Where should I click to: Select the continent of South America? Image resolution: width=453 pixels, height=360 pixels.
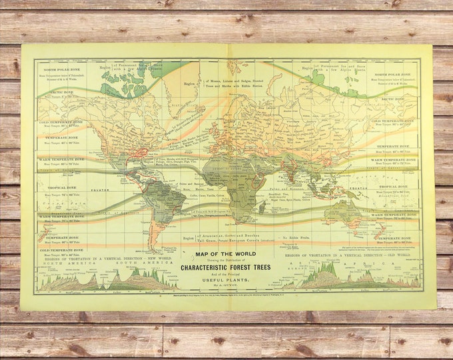(162, 200)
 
